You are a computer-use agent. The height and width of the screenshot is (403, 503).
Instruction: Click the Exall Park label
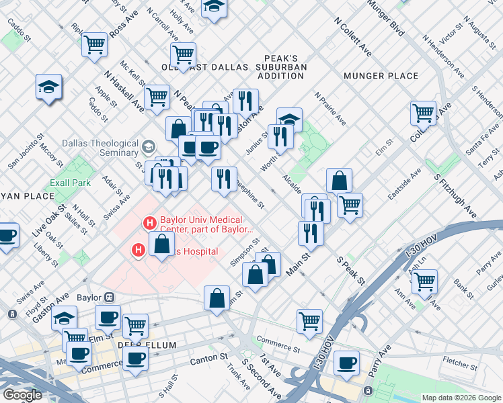(69, 183)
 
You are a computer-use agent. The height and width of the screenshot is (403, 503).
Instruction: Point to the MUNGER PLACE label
(381, 76)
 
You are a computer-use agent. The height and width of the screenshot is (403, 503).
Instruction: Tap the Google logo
(23, 394)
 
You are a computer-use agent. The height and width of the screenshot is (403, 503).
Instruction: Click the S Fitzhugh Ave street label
(455, 195)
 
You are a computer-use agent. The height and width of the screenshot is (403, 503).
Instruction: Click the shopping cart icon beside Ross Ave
(95, 44)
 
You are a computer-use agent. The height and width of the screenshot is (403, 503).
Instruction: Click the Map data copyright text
(461, 398)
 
